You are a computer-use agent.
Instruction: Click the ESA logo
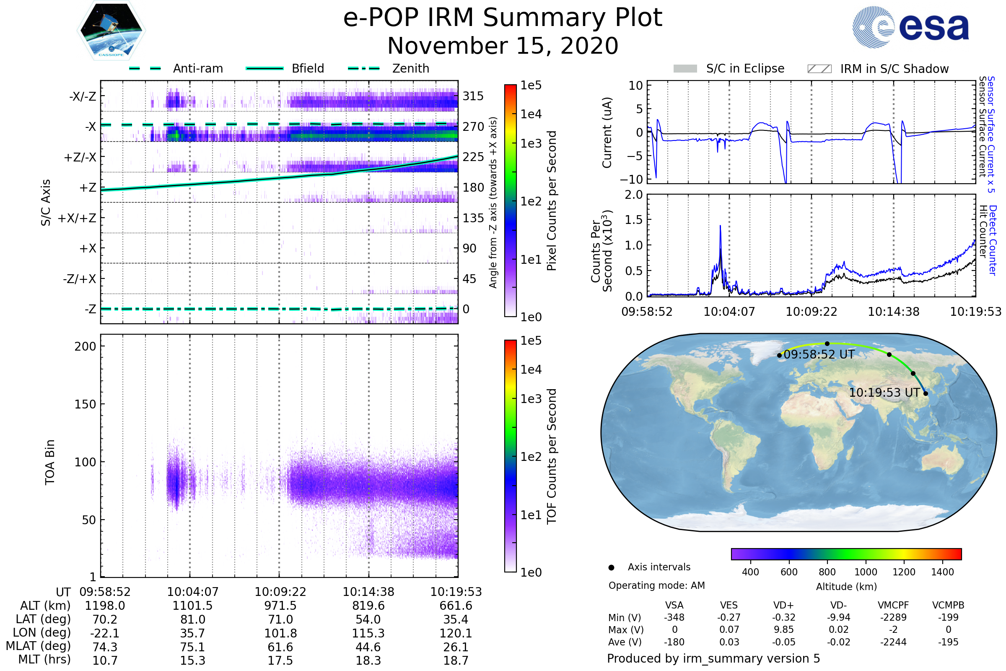910,27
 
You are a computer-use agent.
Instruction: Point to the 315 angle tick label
473,96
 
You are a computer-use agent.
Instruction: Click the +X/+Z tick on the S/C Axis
77,218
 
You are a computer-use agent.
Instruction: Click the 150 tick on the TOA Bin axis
85,404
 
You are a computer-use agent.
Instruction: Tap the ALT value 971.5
280,606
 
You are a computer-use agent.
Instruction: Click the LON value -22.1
105,633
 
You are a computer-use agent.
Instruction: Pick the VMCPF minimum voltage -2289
893,617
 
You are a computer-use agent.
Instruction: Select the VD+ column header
783,606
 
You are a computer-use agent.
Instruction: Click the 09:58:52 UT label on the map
819,355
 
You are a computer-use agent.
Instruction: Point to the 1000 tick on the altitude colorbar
866,572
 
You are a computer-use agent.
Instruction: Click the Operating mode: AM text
656,585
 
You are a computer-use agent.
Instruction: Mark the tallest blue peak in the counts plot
720,226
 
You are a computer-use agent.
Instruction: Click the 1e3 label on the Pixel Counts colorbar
531,144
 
